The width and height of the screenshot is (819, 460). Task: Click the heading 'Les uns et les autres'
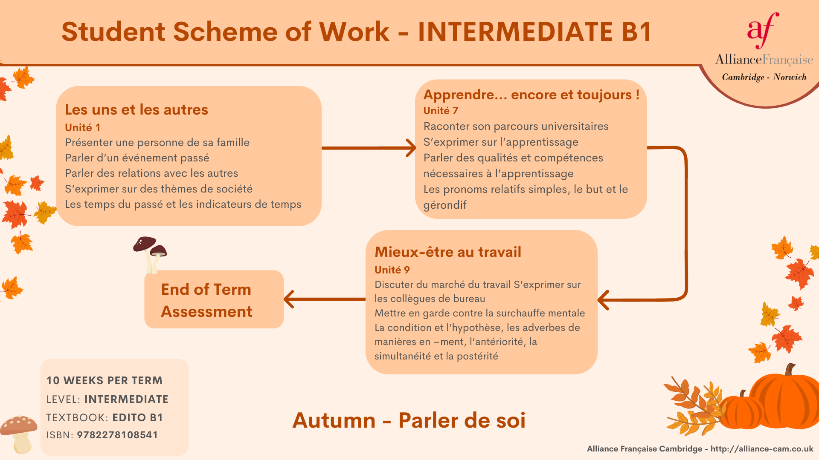click(x=136, y=110)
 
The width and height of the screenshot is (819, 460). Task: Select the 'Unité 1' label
click(x=83, y=127)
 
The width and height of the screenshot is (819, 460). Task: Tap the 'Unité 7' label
click(x=441, y=111)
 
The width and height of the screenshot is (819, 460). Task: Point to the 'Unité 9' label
click(x=392, y=270)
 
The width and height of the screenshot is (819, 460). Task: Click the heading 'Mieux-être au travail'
click(x=448, y=252)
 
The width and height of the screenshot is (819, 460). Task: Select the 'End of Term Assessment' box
click(x=214, y=299)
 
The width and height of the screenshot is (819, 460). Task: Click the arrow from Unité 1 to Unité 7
click(x=369, y=148)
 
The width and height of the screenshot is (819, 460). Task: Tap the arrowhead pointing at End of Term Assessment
click(x=289, y=299)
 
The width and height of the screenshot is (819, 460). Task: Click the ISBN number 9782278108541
click(x=117, y=435)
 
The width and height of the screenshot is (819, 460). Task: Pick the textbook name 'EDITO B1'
click(x=138, y=418)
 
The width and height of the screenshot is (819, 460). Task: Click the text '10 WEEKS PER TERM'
click(x=105, y=381)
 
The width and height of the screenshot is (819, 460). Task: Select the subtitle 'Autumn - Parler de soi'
click(x=409, y=420)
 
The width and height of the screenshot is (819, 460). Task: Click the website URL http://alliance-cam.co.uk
click(x=762, y=449)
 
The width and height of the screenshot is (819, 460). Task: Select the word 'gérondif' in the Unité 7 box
click(x=445, y=205)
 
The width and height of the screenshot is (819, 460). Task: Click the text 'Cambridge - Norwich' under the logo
click(x=764, y=77)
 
